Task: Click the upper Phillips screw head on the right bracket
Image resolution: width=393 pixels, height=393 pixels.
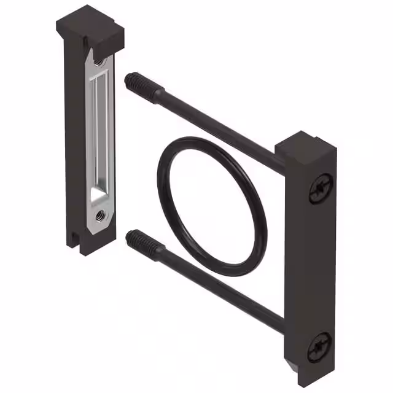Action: [x=322, y=187]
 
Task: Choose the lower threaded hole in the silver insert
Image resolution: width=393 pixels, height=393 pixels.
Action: [x=99, y=215]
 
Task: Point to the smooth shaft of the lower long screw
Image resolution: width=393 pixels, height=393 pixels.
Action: [x=221, y=286]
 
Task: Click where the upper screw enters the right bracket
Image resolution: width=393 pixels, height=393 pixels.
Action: [x=280, y=161]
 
